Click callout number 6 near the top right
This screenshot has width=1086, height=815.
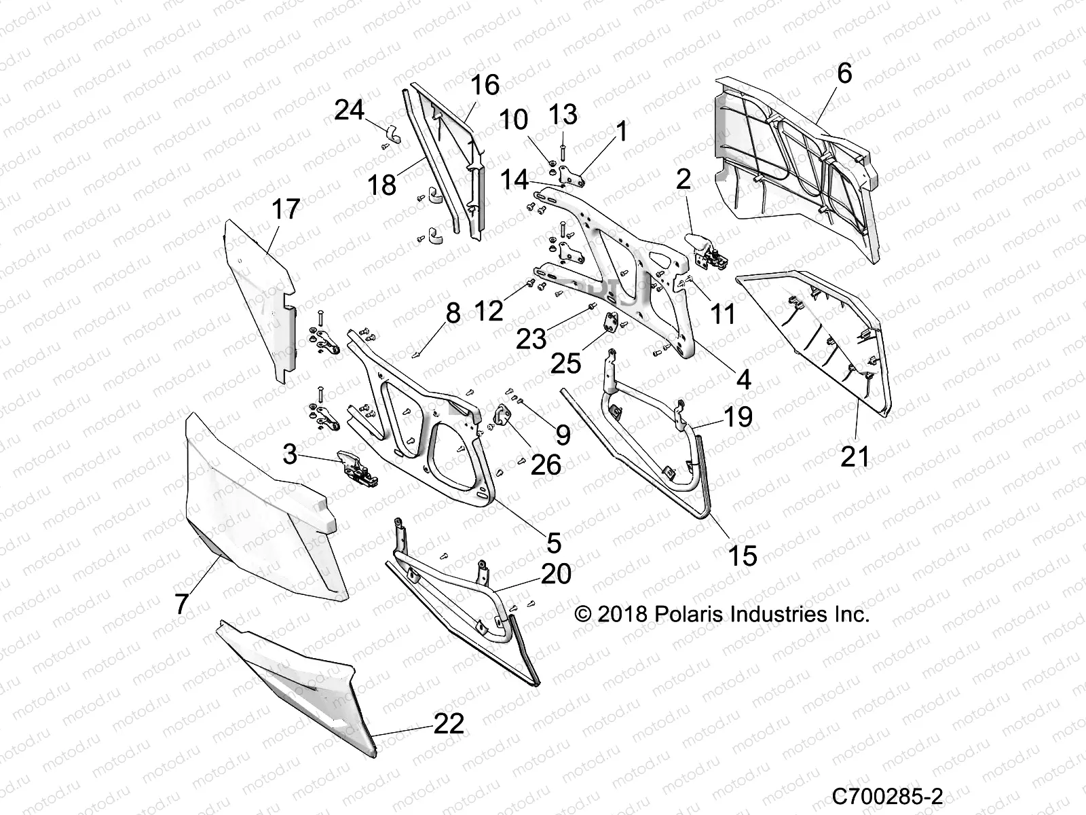pos(844,73)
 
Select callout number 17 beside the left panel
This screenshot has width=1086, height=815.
pos(285,209)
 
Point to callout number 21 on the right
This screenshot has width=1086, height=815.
pos(855,456)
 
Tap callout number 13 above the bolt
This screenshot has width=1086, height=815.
pos(563,114)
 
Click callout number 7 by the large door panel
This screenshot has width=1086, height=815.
pos(181,603)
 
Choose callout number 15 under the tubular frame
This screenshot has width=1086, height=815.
pos(743,556)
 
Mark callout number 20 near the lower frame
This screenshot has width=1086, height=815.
pos(556,574)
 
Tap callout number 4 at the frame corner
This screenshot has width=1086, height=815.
pos(744,379)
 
